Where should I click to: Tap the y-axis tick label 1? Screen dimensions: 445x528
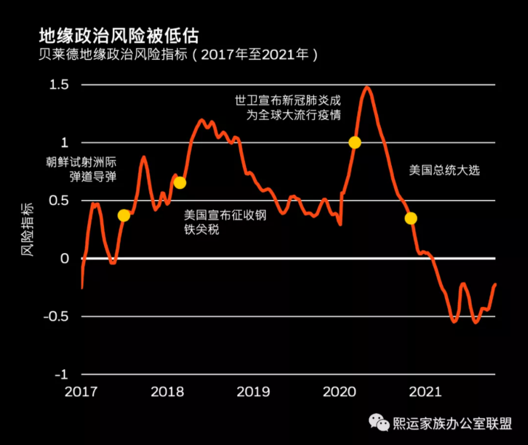(66, 143)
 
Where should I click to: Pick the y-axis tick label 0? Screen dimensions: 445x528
(66, 259)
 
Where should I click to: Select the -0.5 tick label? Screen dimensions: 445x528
(58, 317)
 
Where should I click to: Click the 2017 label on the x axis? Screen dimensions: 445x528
(82, 392)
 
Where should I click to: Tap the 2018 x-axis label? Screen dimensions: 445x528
(168, 392)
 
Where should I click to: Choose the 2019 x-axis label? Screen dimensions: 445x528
(254, 392)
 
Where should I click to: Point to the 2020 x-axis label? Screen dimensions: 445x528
(339, 392)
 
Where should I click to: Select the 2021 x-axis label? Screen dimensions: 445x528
(425, 392)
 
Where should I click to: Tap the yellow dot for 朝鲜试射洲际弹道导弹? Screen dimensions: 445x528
(124, 216)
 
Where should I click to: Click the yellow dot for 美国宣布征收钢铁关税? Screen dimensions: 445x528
(179, 183)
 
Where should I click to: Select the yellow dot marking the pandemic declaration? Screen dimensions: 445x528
(355, 142)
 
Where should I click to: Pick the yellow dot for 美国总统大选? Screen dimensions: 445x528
(410, 218)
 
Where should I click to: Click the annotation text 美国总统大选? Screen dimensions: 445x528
(444, 170)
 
